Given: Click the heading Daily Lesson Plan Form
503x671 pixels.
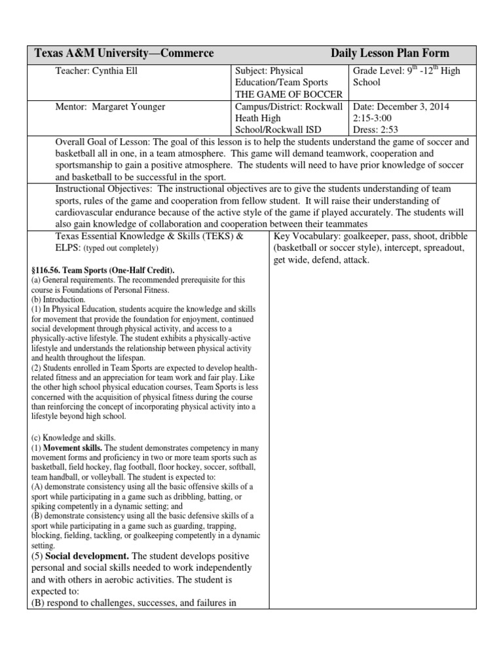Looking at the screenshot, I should point(390,54).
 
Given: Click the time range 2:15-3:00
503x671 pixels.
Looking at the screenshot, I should point(376,119).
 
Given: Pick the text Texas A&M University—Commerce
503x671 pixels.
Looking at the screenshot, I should point(124,54).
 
